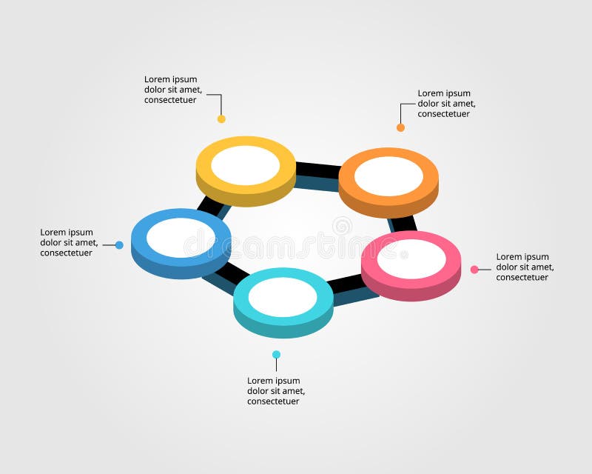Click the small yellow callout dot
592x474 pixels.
click(x=221, y=118)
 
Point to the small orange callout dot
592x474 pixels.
click(x=401, y=127)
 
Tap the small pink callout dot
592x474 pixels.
click(x=474, y=270)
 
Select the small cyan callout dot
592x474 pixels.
click(x=276, y=355)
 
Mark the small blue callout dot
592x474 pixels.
click(x=119, y=245)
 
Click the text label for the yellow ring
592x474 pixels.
click(x=173, y=90)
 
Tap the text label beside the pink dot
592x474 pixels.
click(x=525, y=267)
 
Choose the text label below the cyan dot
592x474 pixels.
click(x=276, y=391)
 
